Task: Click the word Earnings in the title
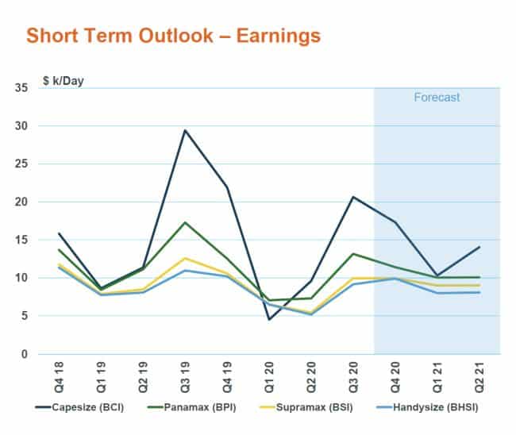coord(270,36)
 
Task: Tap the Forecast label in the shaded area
coord(437,98)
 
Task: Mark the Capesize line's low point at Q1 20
coord(269,319)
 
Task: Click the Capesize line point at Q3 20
coord(353,197)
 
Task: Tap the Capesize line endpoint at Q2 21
coord(479,247)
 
